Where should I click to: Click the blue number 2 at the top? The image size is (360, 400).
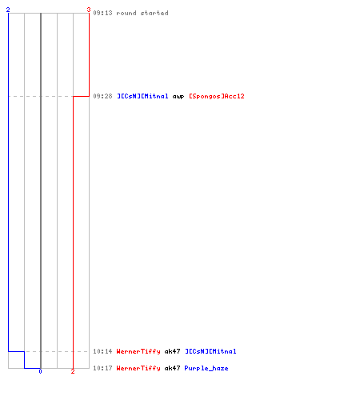(8, 10)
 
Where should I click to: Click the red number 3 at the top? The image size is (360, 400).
(89, 10)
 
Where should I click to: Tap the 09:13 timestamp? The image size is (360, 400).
(102, 13)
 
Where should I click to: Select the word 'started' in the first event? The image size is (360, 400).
(154, 13)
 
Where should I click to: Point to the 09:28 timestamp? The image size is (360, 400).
(102, 96)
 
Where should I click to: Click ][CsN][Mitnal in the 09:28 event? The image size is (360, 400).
(142, 96)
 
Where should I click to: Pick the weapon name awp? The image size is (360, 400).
(178, 97)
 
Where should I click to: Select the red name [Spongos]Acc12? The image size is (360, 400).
(217, 96)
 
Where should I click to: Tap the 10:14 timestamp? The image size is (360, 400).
(102, 351)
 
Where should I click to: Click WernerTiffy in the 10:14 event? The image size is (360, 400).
(138, 351)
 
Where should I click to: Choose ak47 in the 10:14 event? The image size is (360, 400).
(172, 351)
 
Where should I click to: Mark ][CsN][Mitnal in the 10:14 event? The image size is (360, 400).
(210, 351)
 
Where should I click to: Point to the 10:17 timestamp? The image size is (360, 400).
(102, 368)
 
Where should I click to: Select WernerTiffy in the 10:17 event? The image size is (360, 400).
(138, 368)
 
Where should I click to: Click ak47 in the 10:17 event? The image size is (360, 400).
(172, 368)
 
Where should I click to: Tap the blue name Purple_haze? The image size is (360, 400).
(206, 368)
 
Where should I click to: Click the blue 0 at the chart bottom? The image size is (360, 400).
(40, 371)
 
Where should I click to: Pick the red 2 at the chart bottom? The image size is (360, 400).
(73, 371)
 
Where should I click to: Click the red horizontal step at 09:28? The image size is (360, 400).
(81, 96)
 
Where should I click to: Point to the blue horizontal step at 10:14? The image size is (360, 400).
(16, 351)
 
